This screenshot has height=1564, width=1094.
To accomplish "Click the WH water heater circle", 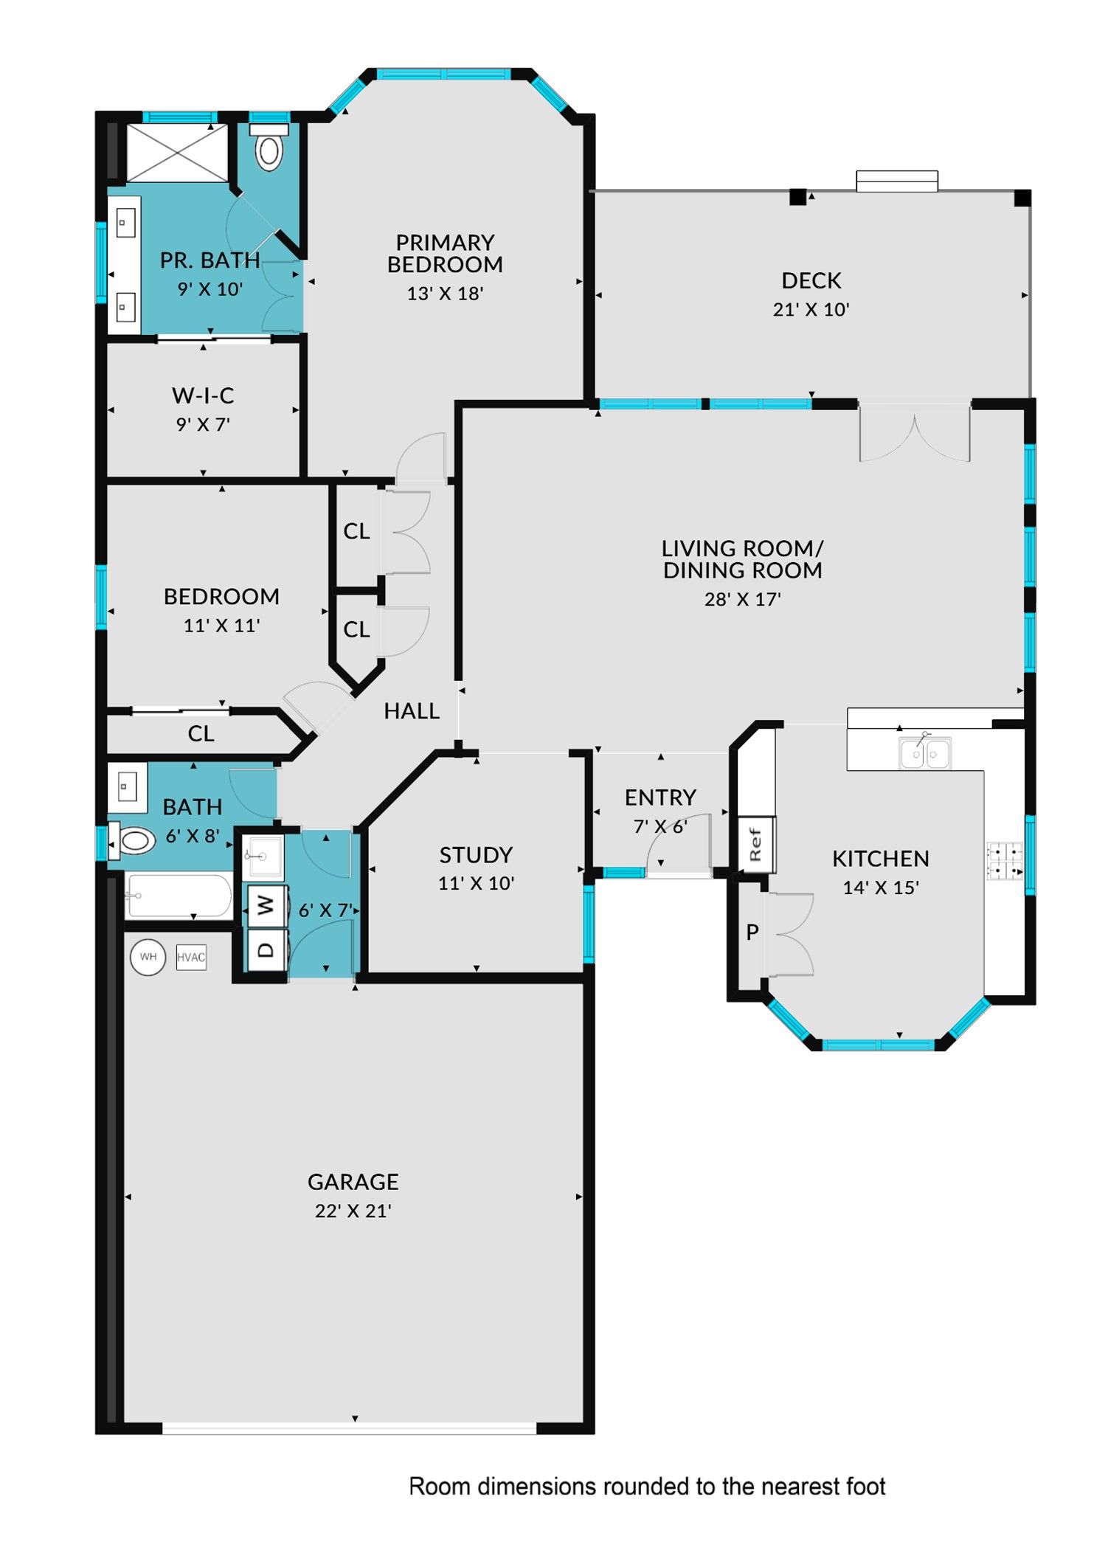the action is [148, 957].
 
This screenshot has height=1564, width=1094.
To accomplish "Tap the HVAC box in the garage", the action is [191, 957].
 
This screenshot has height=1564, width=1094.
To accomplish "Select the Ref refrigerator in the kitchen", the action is [756, 845].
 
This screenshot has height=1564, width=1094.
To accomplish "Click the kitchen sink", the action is [924, 753].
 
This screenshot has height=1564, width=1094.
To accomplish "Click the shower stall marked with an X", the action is [178, 153].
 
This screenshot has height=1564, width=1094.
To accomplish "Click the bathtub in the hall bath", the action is [178, 896].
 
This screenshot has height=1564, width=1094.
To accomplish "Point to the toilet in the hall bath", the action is [132, 840].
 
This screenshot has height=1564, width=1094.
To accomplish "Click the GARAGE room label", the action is [353, 1182].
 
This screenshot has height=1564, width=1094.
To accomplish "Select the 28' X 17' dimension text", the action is [742, 599].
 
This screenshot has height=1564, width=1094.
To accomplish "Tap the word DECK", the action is [811, 280].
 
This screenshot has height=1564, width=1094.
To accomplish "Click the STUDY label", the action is [476, 855].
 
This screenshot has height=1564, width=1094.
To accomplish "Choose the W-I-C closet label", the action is [203, 395].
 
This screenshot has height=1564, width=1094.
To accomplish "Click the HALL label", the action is [412, 711].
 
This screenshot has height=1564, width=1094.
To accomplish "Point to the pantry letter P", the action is [752, 932].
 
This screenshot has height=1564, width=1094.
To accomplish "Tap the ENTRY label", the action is [660, 797].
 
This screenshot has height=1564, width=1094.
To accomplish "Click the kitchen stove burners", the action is [1005, 861].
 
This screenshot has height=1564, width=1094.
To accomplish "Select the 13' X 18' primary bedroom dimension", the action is [445, 294].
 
